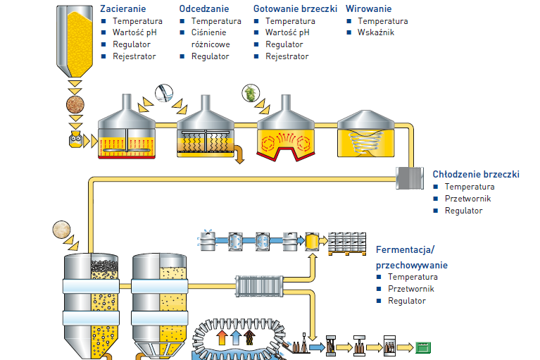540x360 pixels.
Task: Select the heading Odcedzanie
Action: (204, 8)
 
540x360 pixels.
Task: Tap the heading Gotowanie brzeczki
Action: (295, 8)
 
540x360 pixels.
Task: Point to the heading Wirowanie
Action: (368, 8)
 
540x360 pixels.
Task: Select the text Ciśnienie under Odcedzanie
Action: (211, 32)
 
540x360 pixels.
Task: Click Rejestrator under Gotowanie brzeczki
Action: (287, 56)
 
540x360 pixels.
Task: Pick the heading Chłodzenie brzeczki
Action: (476, 174)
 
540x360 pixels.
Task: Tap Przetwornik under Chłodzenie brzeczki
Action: (467, 199)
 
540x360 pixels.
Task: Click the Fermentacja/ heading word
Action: (406, 250)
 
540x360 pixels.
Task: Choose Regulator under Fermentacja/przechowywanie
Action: (407, 301)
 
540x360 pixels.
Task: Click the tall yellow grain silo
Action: (73, 39)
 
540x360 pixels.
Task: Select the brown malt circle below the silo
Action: (75, 106)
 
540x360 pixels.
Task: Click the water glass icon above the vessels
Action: (163, 93)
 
